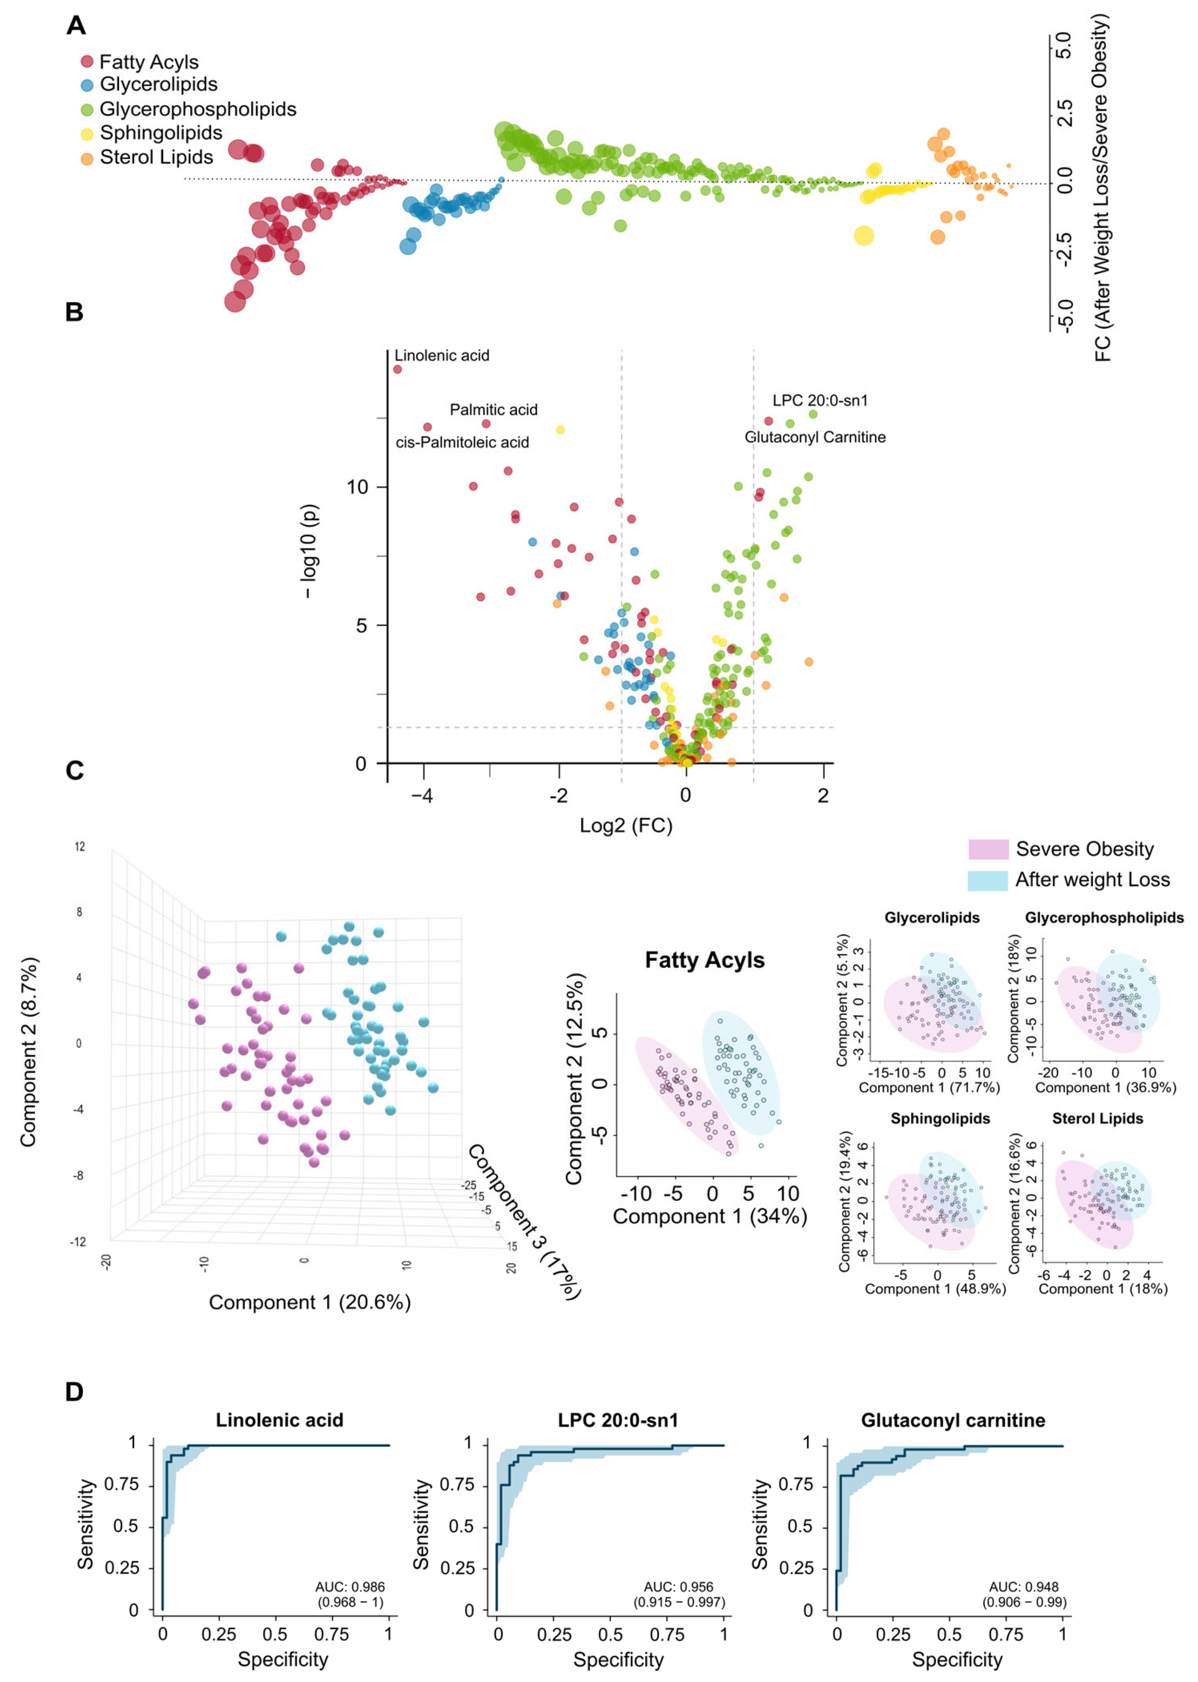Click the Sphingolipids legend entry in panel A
(x=161, y=133)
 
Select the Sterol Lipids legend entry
(x=156, y=157)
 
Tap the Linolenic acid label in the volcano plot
(x=441, y=356)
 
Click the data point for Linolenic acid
(x=397, y=369)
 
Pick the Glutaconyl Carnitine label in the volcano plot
(x=815, y=437)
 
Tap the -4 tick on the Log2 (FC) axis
(x=422, y=795)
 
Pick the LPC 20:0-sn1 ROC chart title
(x=618, y=1421)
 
